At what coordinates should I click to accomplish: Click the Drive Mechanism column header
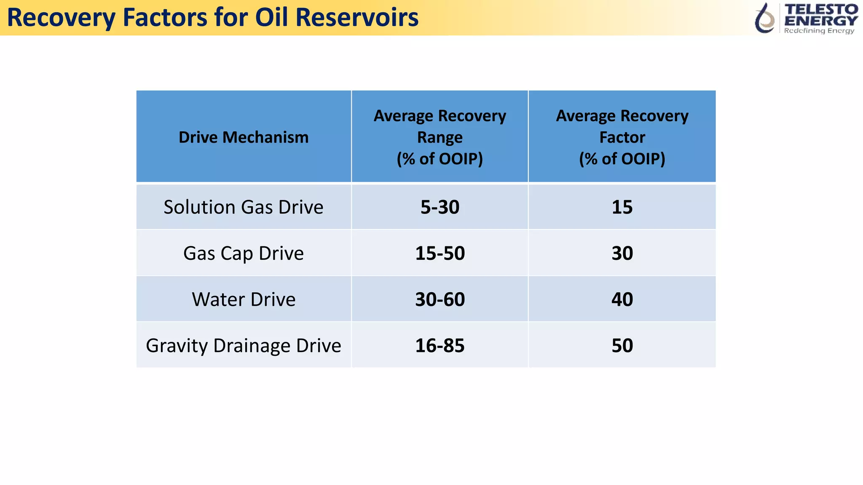click(244, 137)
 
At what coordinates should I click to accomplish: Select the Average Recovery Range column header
click(440, 137)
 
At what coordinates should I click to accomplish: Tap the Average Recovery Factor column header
click(622, 137)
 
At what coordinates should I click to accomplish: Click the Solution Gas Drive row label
click(244, 207)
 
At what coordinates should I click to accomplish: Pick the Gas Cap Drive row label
click(244, 253)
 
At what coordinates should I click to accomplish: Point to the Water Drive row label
click(244, 299)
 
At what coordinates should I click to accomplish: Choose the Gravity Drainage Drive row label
click(244, 346)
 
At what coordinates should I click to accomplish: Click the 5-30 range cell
click(440, 207)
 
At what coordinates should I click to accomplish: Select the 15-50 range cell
click(440, 253)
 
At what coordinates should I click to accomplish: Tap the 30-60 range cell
click(440, 299)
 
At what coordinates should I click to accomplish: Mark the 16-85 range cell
click(440, 346)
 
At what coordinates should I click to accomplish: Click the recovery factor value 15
click(622, 207)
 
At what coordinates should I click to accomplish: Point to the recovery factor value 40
click(622, 299)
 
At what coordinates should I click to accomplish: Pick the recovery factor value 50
click(622, 346)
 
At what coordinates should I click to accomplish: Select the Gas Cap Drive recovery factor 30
click(622, 253)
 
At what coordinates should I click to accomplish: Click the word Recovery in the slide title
click(61, 19)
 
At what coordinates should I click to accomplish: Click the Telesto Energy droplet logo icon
click(765, 18)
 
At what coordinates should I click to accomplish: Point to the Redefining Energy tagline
click(819, 31)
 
